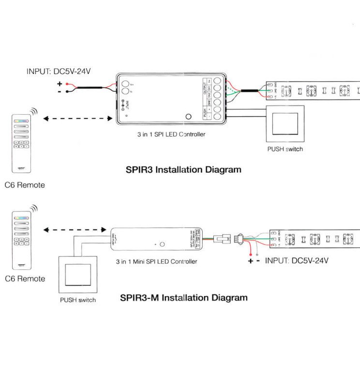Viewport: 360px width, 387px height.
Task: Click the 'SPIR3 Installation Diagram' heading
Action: click(x=183, y=170)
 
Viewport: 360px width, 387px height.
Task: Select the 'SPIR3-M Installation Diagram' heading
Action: click(x=183, y=298)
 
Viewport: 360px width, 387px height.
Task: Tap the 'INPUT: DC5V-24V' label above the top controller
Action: click(x=59, y=72)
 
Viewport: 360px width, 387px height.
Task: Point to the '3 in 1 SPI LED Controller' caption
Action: click(x=171, y=134)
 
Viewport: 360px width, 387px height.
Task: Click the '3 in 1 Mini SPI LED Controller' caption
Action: click(x=156, y=261)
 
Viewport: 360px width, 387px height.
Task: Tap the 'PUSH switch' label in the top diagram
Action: click(x=285, y=149)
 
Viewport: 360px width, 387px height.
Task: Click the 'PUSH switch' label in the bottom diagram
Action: click(x=78, y=300)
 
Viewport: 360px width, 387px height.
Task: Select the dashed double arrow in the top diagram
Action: click(x=77, y=118)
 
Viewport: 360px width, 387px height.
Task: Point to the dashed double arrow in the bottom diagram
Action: click(x=75, y=230)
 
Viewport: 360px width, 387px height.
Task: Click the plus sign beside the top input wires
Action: click(x=60, y=83)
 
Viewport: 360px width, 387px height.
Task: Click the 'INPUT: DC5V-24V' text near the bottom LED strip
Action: click(x=297, y=261)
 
